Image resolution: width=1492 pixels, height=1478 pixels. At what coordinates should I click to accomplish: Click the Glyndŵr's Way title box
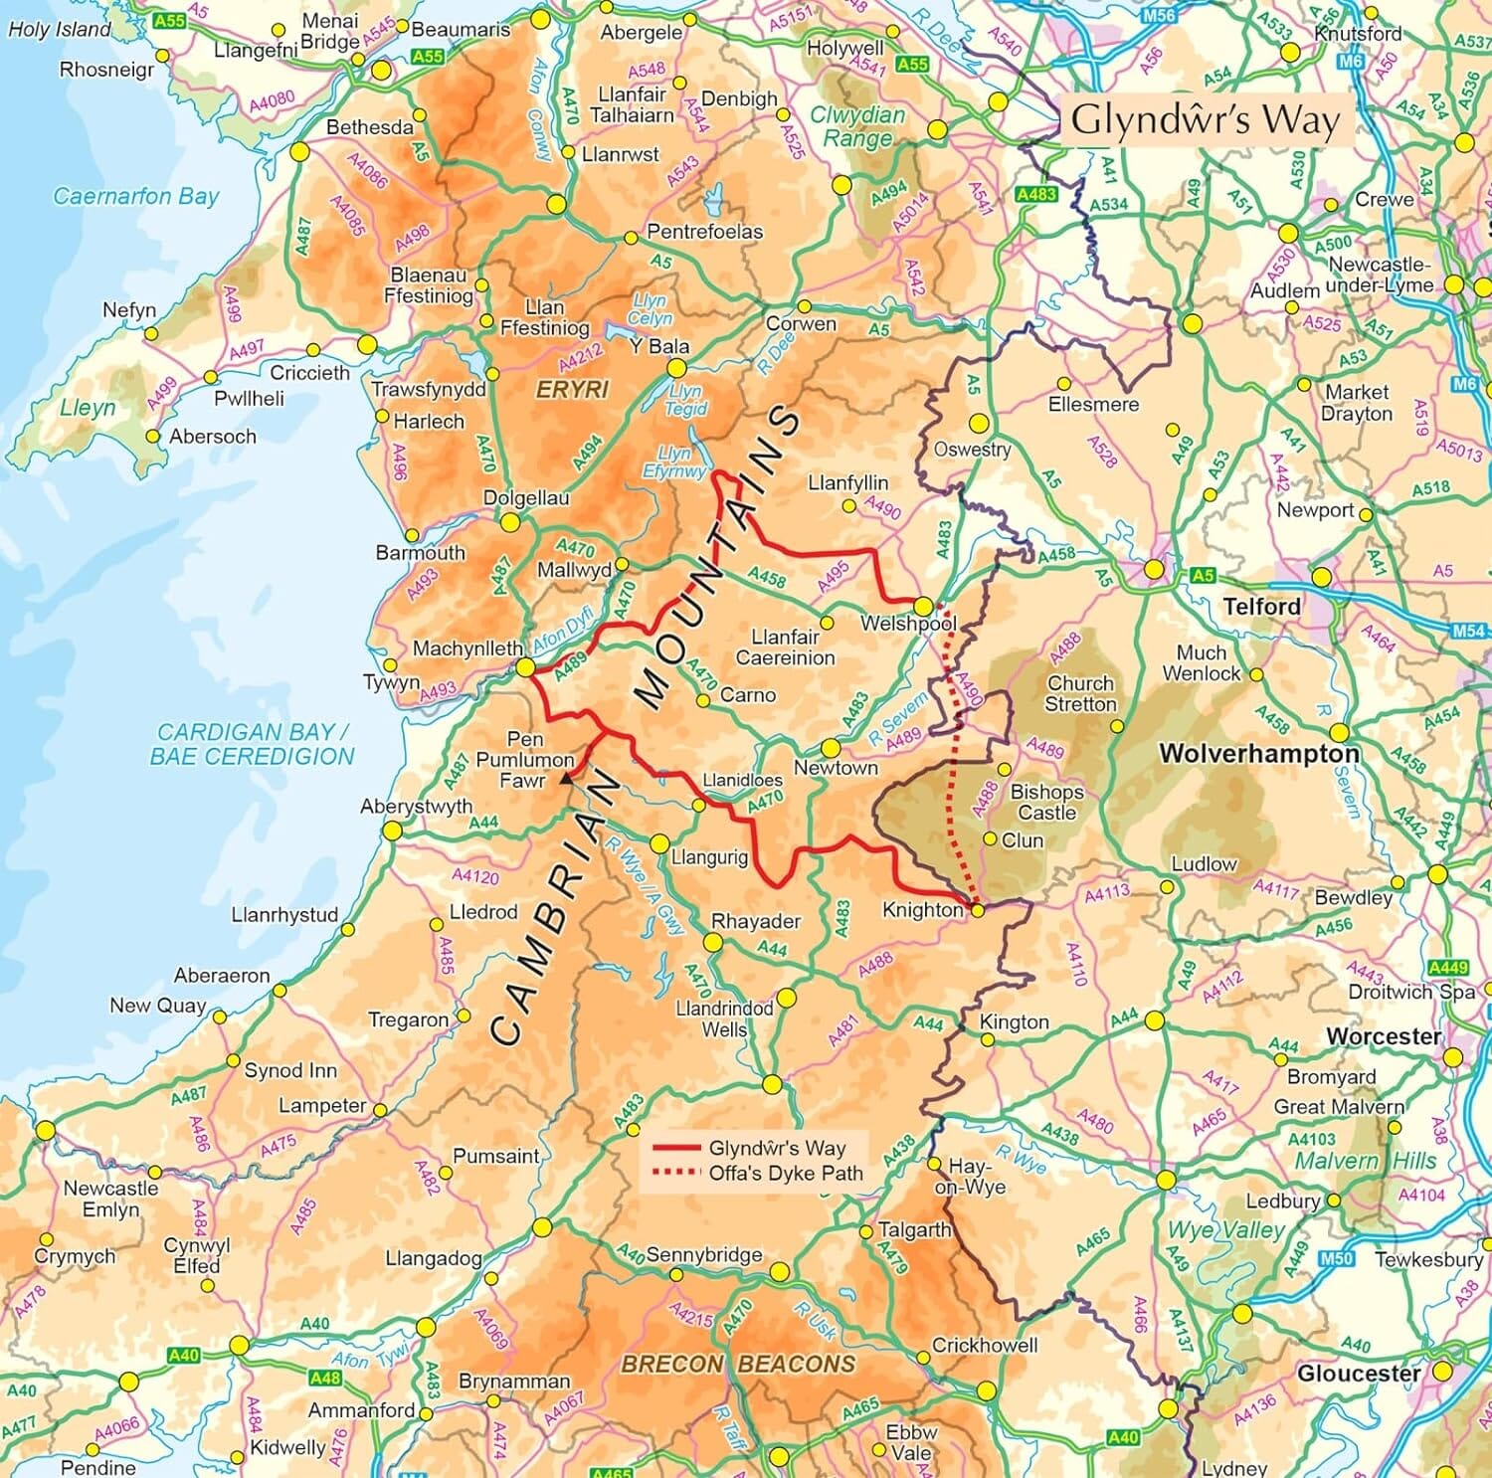click(x=1206, y=120)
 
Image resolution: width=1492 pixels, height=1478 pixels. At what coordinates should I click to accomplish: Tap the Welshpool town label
click(x=908, y=625)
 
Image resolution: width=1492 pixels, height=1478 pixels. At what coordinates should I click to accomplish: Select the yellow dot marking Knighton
click(x=977, y=910)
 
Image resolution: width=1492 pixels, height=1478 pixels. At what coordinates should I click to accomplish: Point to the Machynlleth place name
click(x=466, y=648)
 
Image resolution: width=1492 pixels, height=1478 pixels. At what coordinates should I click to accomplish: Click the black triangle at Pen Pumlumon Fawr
click(x=566, y=781)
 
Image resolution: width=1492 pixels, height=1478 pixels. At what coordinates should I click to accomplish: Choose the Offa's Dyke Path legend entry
click(x=785, y=1174)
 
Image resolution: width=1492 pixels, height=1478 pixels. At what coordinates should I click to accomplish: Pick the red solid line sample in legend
click(x=676, y=1148)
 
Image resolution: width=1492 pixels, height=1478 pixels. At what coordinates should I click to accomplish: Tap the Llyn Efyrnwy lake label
click(x=673, y=462)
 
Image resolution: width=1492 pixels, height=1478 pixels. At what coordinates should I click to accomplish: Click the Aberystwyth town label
click(x=416, y=807)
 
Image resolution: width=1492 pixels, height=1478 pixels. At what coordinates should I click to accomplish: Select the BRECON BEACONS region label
click(x=737, y=1364)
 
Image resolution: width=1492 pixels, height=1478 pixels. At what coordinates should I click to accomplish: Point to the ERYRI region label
click(x=572, y=390)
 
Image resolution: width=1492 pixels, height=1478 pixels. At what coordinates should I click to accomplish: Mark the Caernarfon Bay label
click(x=135, y=196)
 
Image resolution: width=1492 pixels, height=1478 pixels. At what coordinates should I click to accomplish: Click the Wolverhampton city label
click(x=1258, y=754)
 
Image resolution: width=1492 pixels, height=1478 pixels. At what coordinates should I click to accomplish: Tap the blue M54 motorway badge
click(x=1468, y=631)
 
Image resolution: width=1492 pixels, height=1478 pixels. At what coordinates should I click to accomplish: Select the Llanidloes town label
click(x=742, y=781)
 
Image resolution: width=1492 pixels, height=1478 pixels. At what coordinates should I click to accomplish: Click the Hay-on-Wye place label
click(x=969, y=1177)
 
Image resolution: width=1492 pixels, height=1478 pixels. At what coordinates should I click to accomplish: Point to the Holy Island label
click(x=59, y=30)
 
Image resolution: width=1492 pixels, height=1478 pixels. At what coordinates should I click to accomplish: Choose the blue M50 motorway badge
click(x=1336, y=1259)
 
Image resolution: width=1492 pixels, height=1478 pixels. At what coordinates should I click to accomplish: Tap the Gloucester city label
click(x=1358, y=1374)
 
